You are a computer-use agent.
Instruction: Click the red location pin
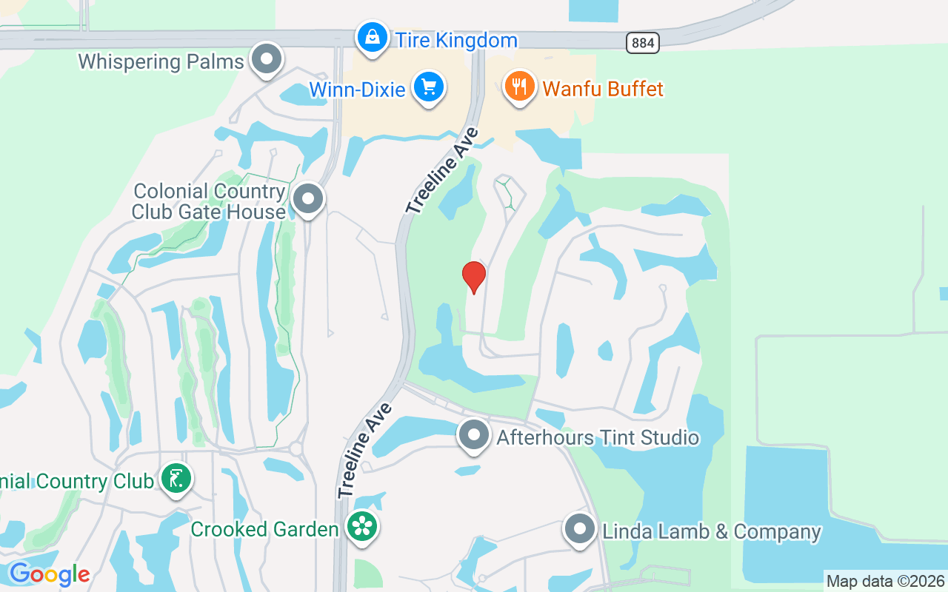coord(474,277)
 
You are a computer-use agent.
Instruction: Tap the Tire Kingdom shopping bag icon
coord(372,37)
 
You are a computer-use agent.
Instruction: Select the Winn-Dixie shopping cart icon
coord(428,87)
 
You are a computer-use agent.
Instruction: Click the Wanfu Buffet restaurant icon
coord(520,87)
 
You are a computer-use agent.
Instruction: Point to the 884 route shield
coord(643,43)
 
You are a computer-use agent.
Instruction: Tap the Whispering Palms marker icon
coord(267,59)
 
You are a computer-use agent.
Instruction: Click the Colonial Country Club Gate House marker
coord(308,199)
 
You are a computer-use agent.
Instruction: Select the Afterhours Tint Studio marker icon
coord(474,436)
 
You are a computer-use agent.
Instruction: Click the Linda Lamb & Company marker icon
coord(580,530)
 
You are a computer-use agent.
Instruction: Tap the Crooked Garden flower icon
coord(362,527)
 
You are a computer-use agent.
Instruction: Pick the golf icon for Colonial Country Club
coord(176,479)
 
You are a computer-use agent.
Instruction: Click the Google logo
coord(50,574)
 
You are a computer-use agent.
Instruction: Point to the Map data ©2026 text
coord(886,581)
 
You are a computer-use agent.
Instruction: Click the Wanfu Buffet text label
coord(603,89)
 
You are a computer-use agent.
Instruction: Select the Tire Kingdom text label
coord(456,40)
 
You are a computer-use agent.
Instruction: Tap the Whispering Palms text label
coord(161,61)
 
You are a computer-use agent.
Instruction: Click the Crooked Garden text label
coord(265,530)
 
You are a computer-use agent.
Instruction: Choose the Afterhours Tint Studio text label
coord(598,437)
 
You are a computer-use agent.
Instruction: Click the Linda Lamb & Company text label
coord(712,532)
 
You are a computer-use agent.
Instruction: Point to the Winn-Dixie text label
coord(357,90)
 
